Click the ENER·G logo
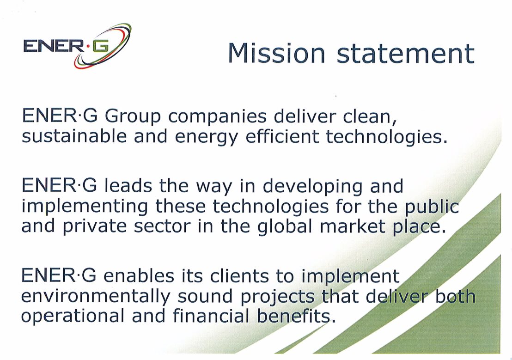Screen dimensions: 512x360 pyautogui.click(x=77, y=46)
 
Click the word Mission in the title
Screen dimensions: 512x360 pyautogui.click(x=276, y=53)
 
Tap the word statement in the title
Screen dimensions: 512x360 pyautogui.click(x=405, y=53)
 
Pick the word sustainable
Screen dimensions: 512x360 pyautogui.click(x=74, y=136)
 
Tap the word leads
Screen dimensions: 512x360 pyautogui.click(x=128, y=186)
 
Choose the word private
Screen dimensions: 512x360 pyautogui.click(x=94, y=227)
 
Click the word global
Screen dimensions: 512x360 pyautogui.click(x=285, y=227)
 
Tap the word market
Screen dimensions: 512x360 pyautogui.click(x=352, y=226)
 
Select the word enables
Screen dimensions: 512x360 pyautogui.click(x=139, y=276)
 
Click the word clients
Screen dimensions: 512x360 pyautogui.click(x=239, y=276)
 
